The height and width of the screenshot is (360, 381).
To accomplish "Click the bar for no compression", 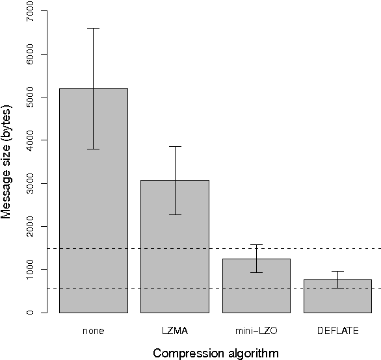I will [x=94, y=201].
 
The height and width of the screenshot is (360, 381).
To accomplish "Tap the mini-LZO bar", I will [x=257, y=286].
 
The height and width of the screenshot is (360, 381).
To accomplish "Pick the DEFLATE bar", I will [x=337, y=296].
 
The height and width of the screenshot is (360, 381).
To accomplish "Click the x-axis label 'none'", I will [x=94, y=331].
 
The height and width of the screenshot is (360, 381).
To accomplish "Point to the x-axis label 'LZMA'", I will [x=176, y=331].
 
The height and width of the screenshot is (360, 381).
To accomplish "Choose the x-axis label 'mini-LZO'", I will [x=257, y=331].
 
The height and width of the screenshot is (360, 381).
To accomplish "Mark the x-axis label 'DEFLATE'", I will [x=337, y=331].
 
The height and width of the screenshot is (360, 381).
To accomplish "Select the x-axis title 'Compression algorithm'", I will [x=215, y=354].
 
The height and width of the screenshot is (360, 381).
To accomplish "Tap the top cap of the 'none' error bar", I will [x=94, y=29].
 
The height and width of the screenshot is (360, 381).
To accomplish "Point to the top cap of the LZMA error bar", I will [x=176, y=146].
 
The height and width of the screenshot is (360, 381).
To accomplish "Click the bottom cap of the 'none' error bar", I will [x=94, y=149].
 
